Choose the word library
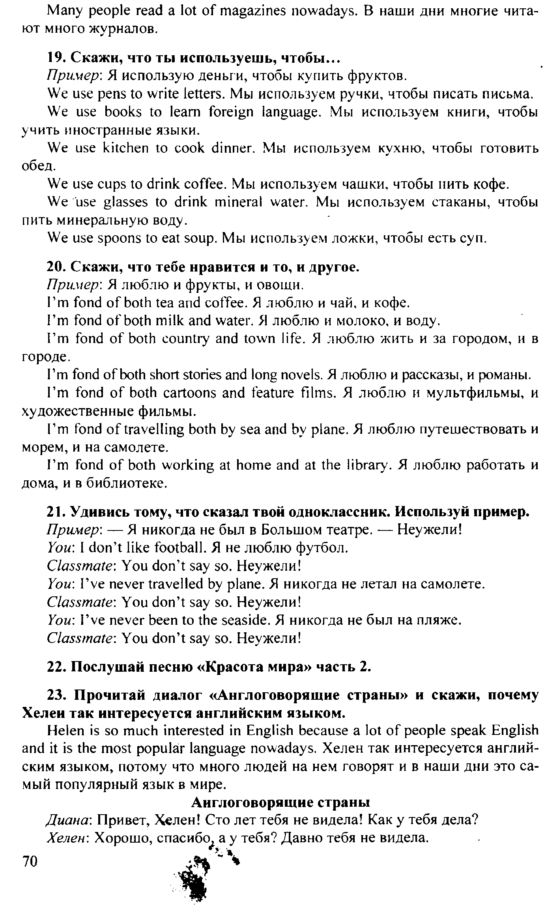(x=372, y=465)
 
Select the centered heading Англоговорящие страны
(x=280, y=803)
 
